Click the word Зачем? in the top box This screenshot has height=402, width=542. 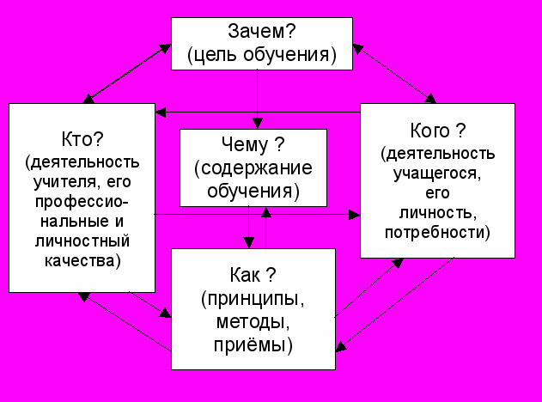(x=261, y=31)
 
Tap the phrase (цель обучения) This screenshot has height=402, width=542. (x=261, y=56)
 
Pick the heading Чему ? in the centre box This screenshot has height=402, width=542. (x=253, y=143)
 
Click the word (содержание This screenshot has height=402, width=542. (x=253, y=167)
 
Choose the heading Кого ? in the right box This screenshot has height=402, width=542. (x=438, y=131)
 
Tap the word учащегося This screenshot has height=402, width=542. (x=438, y=172)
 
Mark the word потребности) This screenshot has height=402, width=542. (x=438, y=232)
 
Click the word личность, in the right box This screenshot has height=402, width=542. (x=438, y=211)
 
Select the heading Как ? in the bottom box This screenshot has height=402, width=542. (x=253, y=276)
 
